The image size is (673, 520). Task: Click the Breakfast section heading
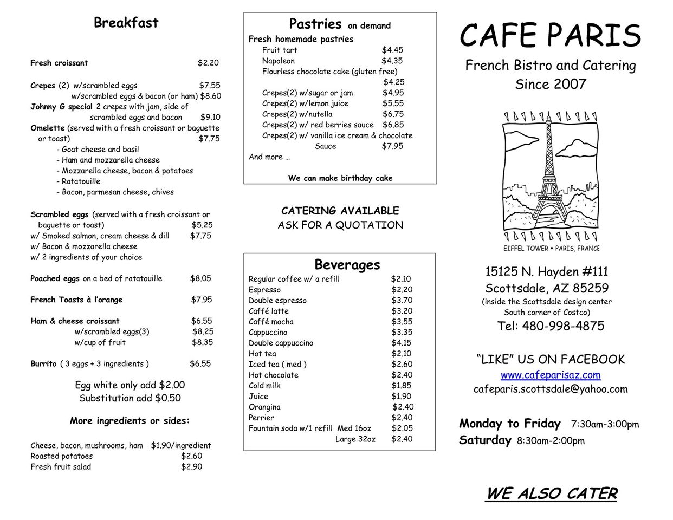click(x=126, y=23)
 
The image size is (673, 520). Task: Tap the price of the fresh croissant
click(x=208, y=63)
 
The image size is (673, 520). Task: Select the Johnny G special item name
click(x=61, y=107)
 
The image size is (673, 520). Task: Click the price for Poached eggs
click(x=200, y=278)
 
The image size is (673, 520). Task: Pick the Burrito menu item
click(x=43, y=364)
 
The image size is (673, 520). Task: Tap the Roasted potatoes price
click(x=191, y=456)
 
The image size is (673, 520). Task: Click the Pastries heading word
click(x=315, y=24)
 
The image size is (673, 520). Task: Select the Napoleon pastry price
click(x=392, y=61)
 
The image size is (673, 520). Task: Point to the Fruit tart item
click(x=280, y=50)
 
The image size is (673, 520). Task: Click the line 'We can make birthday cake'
click(x=340, y=178)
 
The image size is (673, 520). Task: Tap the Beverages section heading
click(x=347, y=264)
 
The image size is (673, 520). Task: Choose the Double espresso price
click(x=402, y=300)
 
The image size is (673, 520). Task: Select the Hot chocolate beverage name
click(x=274, y=375)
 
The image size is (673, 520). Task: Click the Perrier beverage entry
click(x=261, y=418)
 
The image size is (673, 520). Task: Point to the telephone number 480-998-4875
click(x=551, y=326)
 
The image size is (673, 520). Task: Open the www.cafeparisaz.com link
click(x=551, y=375)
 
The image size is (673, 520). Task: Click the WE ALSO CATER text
click(x=551, y=493)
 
